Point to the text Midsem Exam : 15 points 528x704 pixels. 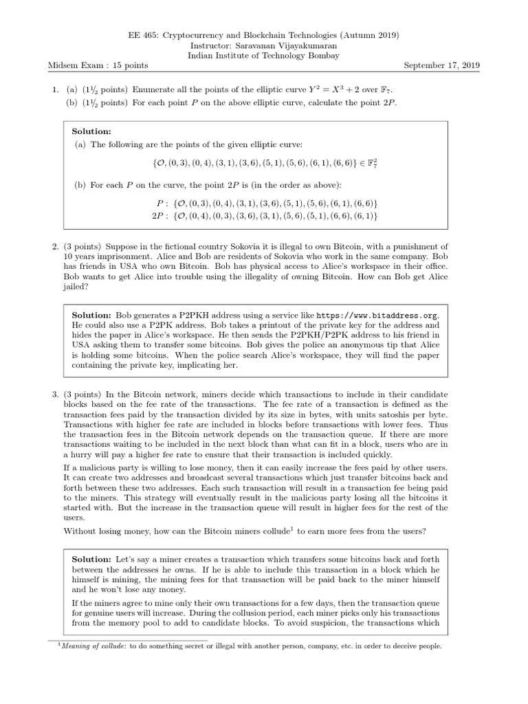click(98, 65)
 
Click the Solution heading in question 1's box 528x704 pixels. click(91, 131)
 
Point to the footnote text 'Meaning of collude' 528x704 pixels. click(92, 646)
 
